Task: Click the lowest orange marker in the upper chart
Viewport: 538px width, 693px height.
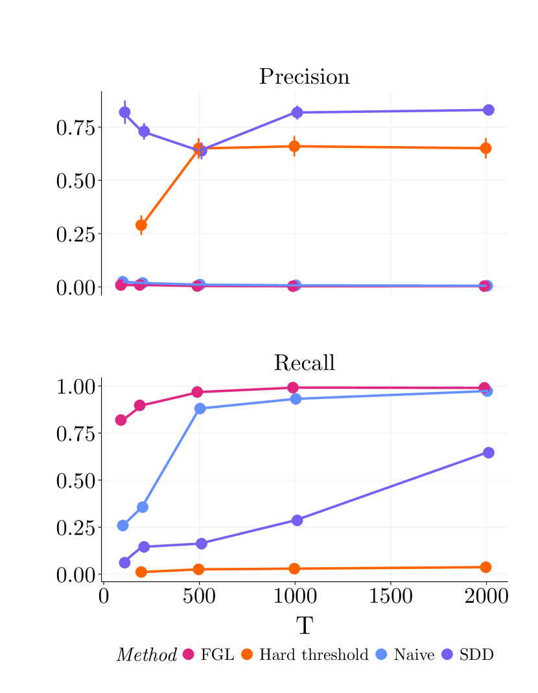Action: click(x=141, y=225)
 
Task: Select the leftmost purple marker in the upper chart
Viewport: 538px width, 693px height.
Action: click(x=124, y=112)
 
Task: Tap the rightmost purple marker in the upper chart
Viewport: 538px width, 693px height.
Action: click(x=488, y=110)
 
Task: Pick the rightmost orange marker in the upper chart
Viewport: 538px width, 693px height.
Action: click(x=485, y=149)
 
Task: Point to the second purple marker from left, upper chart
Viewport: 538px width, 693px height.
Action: click(x=144, y=132)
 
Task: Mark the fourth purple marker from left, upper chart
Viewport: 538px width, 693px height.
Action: click(x=297, y=113)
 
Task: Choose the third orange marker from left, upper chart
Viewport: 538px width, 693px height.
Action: click(x=294, y=147)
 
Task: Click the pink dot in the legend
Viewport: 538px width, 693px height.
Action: click(x=188, y=654)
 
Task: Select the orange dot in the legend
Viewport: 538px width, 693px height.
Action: click(x=247, y=654)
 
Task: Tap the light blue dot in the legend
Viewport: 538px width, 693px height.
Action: click(x=381, y=654)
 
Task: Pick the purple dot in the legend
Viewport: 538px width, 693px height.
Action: click(x=447, y=654)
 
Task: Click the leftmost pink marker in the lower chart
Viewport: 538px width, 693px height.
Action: click(x=121, y=420)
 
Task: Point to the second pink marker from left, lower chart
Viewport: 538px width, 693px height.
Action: click(x=139, y=406)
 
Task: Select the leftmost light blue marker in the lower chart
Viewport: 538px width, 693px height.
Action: click(x=123, y=526)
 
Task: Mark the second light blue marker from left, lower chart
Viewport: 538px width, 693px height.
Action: click(x=143, y=507)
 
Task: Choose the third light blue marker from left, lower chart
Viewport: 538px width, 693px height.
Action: click(x=200, y=408)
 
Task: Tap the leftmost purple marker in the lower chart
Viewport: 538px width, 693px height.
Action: click(x=124, y=563)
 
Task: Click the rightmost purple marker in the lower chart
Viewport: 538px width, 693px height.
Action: click(x=488, y=452)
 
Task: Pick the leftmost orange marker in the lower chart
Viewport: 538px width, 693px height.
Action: click(x=141, y=572)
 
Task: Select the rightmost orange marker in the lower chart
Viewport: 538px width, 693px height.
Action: click(x=485, y=567)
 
